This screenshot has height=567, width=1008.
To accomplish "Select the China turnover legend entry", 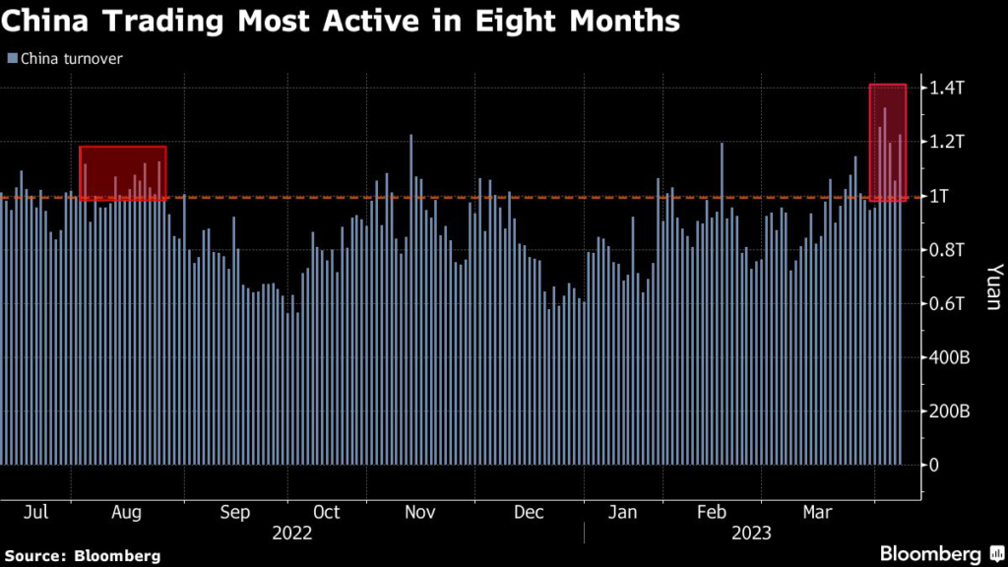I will coord(65,58).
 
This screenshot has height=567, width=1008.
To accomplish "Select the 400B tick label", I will coord(952,357).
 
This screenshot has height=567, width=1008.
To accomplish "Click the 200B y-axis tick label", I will coord(952,410).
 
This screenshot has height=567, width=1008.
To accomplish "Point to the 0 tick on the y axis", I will coord(936,465).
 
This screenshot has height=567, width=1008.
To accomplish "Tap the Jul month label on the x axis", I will coord(35,512).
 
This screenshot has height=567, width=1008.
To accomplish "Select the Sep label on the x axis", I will coord(234,512).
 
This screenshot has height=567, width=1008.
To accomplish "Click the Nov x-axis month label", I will coord(420,512).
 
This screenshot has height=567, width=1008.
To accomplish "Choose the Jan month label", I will coord(622,512).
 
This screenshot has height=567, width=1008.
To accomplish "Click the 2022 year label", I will coord(292,534).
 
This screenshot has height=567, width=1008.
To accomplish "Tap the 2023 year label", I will coord(751,534).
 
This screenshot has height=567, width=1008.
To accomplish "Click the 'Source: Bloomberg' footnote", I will coord(81,556).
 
